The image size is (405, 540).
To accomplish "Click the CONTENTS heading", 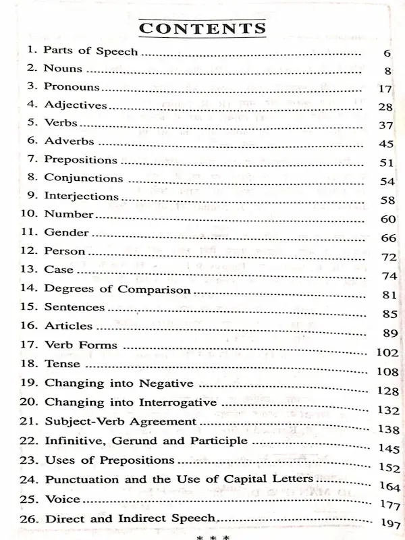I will coord(202,28).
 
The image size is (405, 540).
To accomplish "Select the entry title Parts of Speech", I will coord(90,51).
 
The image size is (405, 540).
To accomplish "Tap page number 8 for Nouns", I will coord(386,71).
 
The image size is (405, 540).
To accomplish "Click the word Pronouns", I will coord(72,87).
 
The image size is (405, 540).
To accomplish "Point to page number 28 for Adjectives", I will coord(385,107).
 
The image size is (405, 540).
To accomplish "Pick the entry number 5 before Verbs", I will coord(31,124).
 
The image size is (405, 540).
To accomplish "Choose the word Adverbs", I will coord(69,142).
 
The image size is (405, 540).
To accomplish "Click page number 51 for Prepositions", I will coord(385,163).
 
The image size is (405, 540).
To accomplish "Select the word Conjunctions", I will coord(84,178).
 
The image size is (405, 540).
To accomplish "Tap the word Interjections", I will coord(82,196).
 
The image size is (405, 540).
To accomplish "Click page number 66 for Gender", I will coord(387,238).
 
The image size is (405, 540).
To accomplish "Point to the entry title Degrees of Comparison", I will coord(117,289).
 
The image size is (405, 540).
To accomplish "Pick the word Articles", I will coord(68,325).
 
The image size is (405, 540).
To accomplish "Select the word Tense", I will coord(62,363).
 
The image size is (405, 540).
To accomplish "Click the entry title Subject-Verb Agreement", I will coord(121,421).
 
